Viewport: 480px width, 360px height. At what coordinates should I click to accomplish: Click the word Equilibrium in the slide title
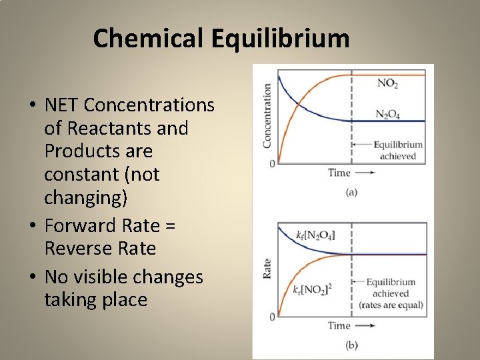[281, 39]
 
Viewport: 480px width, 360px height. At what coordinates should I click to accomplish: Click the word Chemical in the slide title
[150, 39]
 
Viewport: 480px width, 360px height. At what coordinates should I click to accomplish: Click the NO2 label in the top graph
[388, 83]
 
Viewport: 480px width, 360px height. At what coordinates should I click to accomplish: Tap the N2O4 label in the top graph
[388, 114]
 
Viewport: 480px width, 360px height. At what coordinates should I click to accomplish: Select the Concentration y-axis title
[267, 115]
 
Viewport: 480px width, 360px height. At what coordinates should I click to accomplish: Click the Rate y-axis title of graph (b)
[267, 269]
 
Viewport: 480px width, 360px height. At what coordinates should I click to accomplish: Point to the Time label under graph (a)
[339, 173]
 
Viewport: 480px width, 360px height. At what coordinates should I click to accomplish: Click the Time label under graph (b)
[339, 325]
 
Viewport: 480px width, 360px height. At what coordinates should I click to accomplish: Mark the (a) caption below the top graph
[351, 193]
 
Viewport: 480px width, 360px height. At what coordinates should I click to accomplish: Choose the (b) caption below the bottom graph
[351, 345]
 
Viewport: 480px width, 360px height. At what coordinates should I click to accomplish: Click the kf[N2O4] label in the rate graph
[315, 235]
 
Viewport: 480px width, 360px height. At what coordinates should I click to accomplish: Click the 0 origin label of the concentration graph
[272, 163]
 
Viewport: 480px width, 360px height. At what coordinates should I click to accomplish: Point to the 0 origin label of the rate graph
[272, 316]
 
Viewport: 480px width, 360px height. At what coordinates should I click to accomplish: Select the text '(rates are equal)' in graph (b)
[391, 305]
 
